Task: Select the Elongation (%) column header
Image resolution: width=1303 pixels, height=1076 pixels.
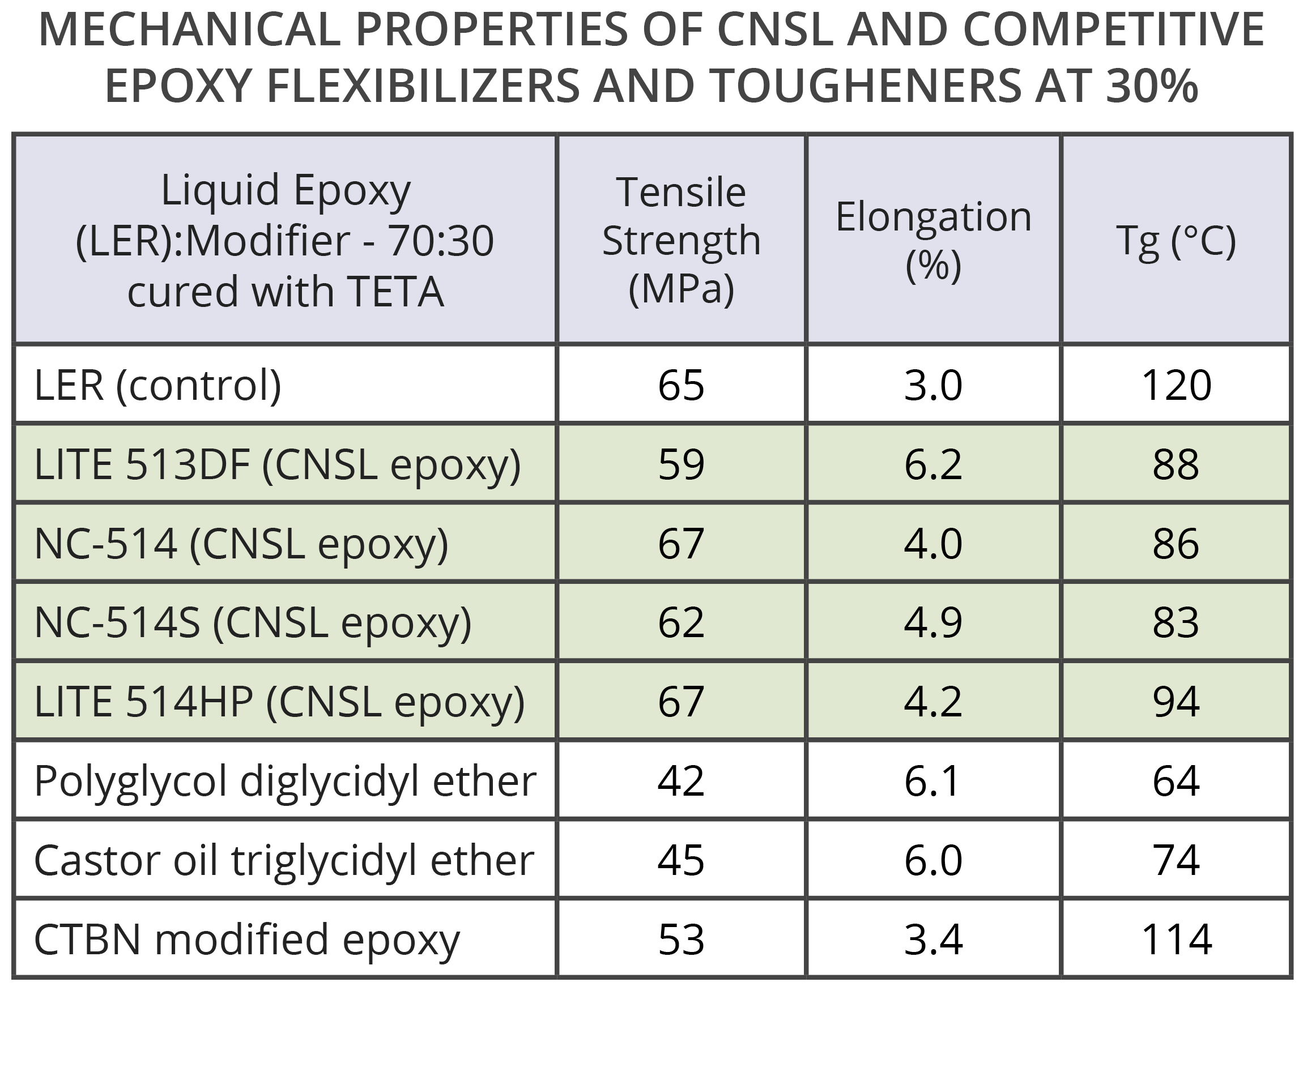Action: (x=933, y=240)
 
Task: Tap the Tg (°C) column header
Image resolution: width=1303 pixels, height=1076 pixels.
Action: (x=1176, y=240)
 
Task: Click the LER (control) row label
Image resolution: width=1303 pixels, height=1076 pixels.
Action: (x=157, y=385)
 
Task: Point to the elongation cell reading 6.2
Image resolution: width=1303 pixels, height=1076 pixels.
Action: (x=933, y=464)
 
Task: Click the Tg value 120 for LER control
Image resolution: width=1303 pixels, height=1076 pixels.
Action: (x=1176, y=385)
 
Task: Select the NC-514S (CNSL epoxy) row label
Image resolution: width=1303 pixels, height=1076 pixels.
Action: (x=253, y=622)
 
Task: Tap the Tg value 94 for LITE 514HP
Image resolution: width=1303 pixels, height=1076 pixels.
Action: (x=1176, y=701)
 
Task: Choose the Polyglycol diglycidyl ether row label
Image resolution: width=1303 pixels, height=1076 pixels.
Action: (x=284, y=780)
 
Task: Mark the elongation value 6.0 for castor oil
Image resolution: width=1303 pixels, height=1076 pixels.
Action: (x=933, y=860)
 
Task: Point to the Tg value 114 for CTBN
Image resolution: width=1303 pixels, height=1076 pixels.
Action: (x=1176, y=939)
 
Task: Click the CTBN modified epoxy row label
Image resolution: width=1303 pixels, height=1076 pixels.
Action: (x=246, y=939)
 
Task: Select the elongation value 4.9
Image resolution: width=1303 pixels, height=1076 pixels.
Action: (x=933, y=622)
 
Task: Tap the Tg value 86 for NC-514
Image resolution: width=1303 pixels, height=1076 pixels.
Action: (x=1176, y=543)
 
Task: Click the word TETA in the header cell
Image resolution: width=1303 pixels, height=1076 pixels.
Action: (x=395, y=291)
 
